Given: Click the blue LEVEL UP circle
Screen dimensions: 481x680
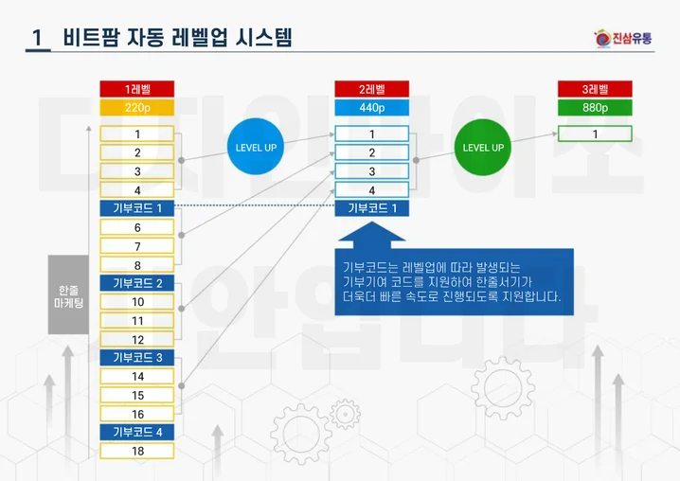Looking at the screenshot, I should (256, 148).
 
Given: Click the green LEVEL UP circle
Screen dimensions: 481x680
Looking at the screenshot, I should (482, 148).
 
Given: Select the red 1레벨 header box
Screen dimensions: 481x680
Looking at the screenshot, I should (137, 89).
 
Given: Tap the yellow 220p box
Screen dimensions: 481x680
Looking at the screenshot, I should (137, 107).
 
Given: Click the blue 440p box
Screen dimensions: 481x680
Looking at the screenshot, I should (371, 107).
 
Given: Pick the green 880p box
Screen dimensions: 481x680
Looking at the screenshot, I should (595, 107).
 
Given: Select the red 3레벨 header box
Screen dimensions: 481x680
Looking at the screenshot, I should (595, 89).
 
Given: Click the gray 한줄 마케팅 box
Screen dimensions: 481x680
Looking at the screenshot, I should (68, 294).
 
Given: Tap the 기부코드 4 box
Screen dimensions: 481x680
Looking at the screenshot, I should (137, 432).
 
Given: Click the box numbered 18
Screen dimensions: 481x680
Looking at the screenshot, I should (137, 451).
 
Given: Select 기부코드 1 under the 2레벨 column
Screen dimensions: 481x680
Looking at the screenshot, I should (371, 208).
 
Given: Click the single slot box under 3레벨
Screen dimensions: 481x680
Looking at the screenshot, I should (595, 134).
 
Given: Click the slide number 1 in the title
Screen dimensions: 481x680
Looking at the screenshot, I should (37, 38).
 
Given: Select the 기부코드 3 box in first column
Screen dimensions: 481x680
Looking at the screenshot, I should (137, 357).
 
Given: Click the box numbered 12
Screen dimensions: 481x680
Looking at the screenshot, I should (137, 339).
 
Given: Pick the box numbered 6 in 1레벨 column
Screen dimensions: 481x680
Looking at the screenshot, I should (137, 227).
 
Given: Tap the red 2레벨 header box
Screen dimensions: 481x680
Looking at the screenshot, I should (371, 89).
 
